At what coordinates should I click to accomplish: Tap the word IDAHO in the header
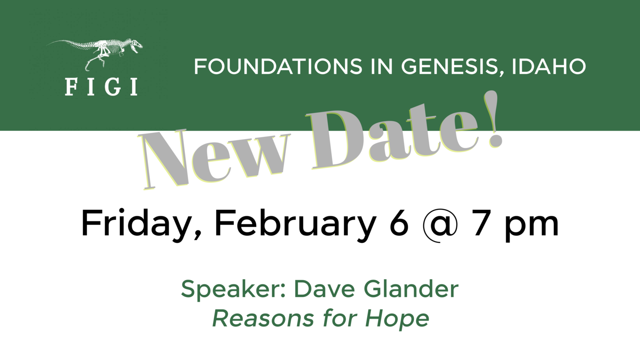pyautogui.click(x=549, y=67)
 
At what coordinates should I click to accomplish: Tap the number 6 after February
pyautogui.click(x=399, y=223)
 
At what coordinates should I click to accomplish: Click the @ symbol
pyautogui.click(x=440, y=225)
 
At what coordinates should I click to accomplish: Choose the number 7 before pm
pyautogui.click(x=482, y=223)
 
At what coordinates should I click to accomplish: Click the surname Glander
pyautogui.click(x=411, y=289)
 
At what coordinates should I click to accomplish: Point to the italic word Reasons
pyautogui.click(x=263, y=318)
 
